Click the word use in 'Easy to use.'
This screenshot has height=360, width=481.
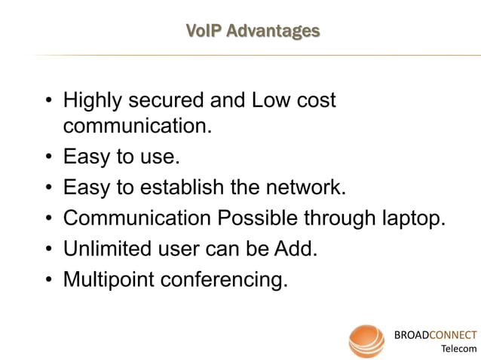(159, 157)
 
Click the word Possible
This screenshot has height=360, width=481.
(256, 218)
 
